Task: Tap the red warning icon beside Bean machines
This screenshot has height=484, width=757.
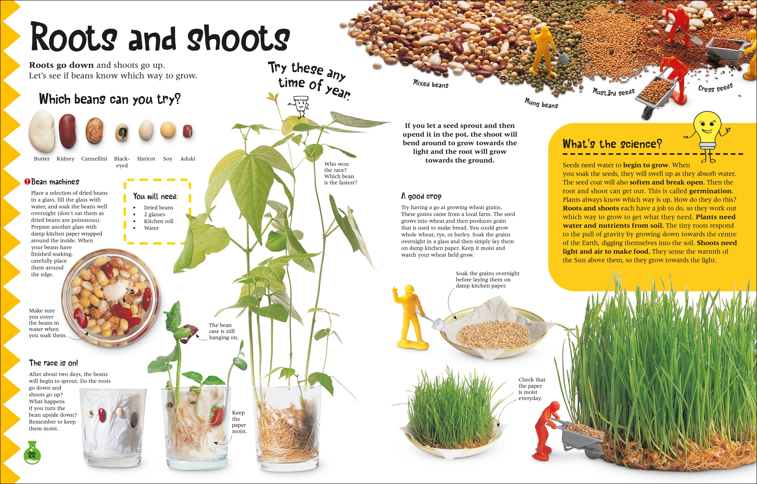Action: point(27,182)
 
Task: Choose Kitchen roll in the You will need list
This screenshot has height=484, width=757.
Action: point(158,221)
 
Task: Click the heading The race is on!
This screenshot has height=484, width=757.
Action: point(53,363)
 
